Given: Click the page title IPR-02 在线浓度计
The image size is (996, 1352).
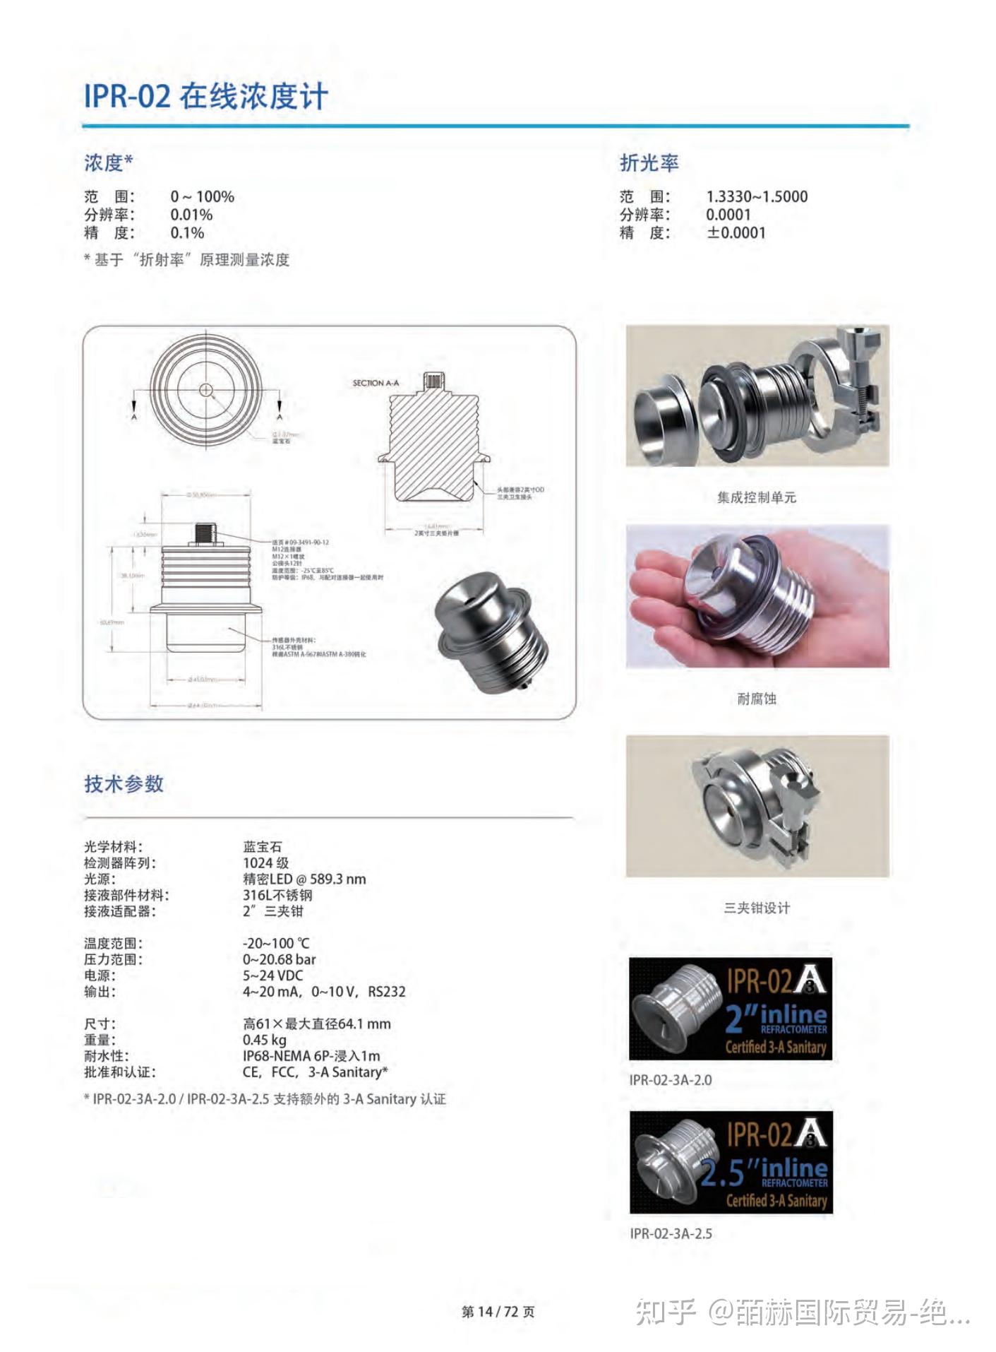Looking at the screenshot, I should (x=205, y=96).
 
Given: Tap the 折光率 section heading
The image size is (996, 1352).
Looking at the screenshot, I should (x=648, y=163).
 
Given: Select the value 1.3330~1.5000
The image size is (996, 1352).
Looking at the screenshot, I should (x=756, y=197).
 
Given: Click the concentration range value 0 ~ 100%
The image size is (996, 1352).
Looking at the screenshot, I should (x=202, y=197).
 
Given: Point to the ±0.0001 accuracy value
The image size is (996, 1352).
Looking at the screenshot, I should (x=736, y=233).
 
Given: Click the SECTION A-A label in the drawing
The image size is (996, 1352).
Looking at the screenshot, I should (x=376, y=383).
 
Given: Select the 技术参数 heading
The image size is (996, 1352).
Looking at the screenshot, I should (x=124, y=783).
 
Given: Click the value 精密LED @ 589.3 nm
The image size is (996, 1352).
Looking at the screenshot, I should (x=304, y=879).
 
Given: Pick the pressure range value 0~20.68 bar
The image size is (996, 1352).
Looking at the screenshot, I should (x=279, y=959).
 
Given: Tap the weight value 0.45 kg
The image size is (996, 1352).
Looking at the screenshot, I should (x=264, y=1040).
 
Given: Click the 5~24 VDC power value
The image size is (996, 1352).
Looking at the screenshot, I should (x=272, y=976).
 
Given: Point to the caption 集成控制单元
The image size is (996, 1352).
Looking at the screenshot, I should (x=756, y=497).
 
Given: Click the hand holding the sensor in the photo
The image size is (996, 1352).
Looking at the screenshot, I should (x=671, y=607).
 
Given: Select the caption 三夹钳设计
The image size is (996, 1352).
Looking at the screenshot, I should (x=756, y=908).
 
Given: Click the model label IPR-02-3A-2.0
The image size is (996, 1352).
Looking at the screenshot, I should (x=670, y=1080).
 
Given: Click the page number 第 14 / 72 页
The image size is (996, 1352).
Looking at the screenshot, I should (x=498, y=1312).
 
